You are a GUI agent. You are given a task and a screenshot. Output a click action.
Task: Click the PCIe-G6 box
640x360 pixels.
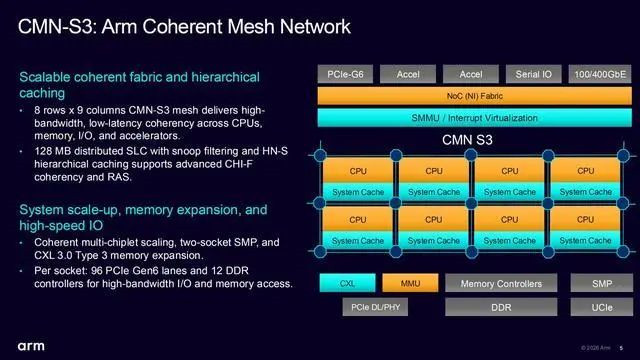pyautogui.click(x=345, y=74)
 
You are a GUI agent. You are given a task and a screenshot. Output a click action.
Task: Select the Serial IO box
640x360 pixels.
pyautogui.click(x=533, y=74)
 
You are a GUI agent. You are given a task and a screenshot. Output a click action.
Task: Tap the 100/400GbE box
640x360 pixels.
pyautogui.click(x=600, y=74)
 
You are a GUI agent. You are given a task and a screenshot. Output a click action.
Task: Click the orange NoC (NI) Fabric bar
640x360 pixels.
pyautogui.click(x=475, y=96)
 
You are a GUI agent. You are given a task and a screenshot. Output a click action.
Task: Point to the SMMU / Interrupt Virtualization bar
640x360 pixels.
pyautogui.click(x=475, y=118)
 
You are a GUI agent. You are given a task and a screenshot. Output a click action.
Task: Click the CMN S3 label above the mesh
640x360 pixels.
pyautogui.click(x=467, y=140)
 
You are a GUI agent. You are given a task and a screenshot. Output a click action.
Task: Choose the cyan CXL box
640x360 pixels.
pyautogui.click(x=347, y=283)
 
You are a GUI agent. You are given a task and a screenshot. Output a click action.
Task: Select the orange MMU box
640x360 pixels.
pyautogui.click(x=410, y=283)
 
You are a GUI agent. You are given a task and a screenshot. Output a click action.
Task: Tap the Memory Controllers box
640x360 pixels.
pyautogui.click(x=501, y=283)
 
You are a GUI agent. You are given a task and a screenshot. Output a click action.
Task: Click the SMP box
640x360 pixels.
pyautogui.click(x=602, y=283)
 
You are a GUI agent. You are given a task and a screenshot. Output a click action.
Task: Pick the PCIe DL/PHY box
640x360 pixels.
pyautogui.click(x=376, y=307)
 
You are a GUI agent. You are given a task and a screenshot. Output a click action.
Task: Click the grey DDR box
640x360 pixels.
pyautogui.click(x=501, y=307)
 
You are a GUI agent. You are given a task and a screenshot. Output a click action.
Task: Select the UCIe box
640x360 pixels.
pyautogui.click(x=602, y=307)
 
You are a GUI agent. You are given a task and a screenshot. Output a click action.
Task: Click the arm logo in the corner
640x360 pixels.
pyautogui.click(x=31, y=347)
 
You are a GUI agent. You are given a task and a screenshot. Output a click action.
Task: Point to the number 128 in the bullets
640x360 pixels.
pyautogui.click(x=43, y=151)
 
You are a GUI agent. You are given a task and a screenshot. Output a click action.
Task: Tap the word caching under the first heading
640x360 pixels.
pyautogui.click(x=42, y=93)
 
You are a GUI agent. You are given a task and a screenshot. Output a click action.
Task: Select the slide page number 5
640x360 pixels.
pyautogui.click(x=621, y=348)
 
